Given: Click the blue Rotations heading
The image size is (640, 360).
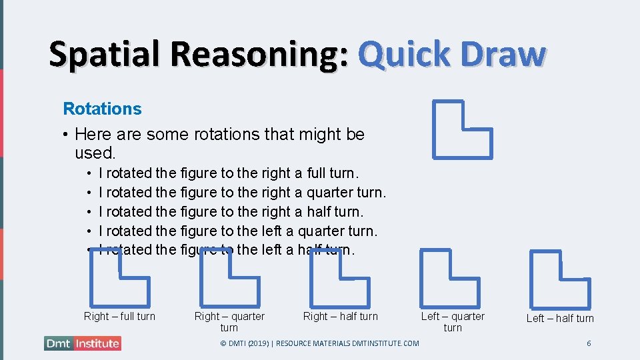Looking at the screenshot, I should tap(102, 109).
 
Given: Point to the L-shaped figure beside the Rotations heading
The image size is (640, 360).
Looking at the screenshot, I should tap(461, 130).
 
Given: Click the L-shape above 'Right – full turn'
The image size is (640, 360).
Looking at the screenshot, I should tap(119, 279).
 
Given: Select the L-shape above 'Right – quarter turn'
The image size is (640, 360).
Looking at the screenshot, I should tap(229, 279).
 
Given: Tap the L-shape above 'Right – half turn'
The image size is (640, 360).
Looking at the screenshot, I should tap(339, 279).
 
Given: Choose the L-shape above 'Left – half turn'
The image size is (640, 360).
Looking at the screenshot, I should tap(559, 281).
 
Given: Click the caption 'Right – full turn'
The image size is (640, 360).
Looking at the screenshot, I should tap(119, 316).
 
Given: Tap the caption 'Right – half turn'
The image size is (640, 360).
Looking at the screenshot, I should tap(340, 316).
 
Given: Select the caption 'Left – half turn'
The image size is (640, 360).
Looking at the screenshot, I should tap(560, 318).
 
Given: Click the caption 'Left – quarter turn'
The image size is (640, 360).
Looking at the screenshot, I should tap(453, 321).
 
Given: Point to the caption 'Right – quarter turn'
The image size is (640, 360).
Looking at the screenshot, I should tap(229, 321).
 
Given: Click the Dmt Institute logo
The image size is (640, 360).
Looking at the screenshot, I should tap(83, 343).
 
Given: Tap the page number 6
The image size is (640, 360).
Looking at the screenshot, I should tap(589, 343).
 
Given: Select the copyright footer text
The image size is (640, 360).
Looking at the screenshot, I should tap(319, 343).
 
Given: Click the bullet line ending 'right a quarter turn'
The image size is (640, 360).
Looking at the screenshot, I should tap(242, 192).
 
